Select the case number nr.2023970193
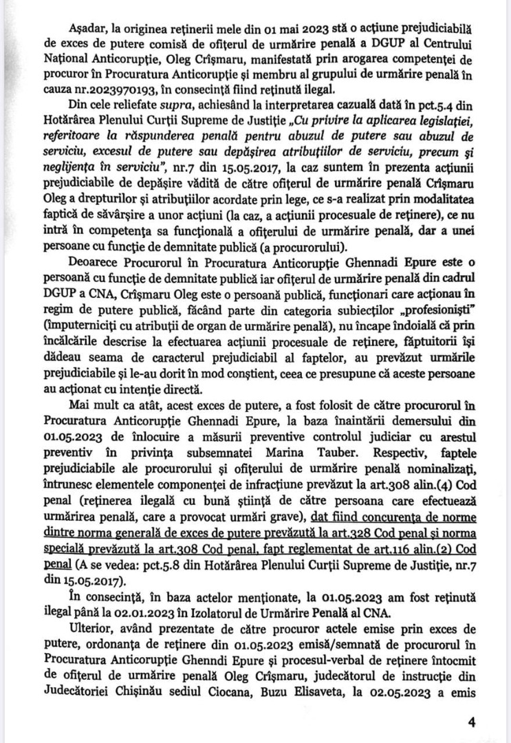104,88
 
